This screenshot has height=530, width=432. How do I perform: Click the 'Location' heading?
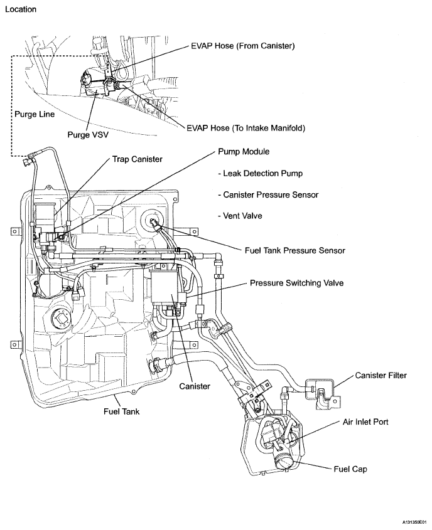[x=21, y=9]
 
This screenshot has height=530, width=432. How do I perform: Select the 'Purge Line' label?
[x=34, y=115]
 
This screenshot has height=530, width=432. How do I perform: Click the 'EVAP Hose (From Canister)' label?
[x=242, y=46]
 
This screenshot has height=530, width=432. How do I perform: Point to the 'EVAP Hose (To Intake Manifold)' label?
[x=246, y=128]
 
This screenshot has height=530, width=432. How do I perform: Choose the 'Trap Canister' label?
[x=137, y=159]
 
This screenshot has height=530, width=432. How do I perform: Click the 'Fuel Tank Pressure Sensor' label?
[x=294, y=250]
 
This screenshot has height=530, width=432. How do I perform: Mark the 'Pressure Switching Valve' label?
[x=296, y=283]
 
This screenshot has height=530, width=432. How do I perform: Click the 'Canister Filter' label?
[x=381, y=376]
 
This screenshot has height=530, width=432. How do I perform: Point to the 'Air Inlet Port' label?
[x=365, y=422]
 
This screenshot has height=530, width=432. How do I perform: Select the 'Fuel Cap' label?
[x=350, y=469]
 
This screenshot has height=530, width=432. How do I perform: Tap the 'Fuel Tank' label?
[x=121, y=412]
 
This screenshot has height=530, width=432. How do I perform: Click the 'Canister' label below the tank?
[x=194, y=386]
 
